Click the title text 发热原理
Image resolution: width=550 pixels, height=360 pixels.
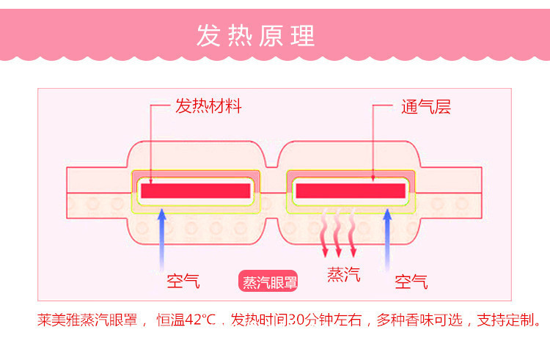255,35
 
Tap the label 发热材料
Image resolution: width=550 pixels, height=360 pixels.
208,107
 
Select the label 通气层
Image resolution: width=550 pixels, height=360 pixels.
425,107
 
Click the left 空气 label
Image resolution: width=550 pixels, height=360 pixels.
183,281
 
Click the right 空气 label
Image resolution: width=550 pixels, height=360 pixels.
411,281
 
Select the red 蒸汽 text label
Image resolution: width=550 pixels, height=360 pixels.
343,275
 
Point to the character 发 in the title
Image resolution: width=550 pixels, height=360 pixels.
208,35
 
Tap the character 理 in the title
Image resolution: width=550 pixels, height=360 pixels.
302,35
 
